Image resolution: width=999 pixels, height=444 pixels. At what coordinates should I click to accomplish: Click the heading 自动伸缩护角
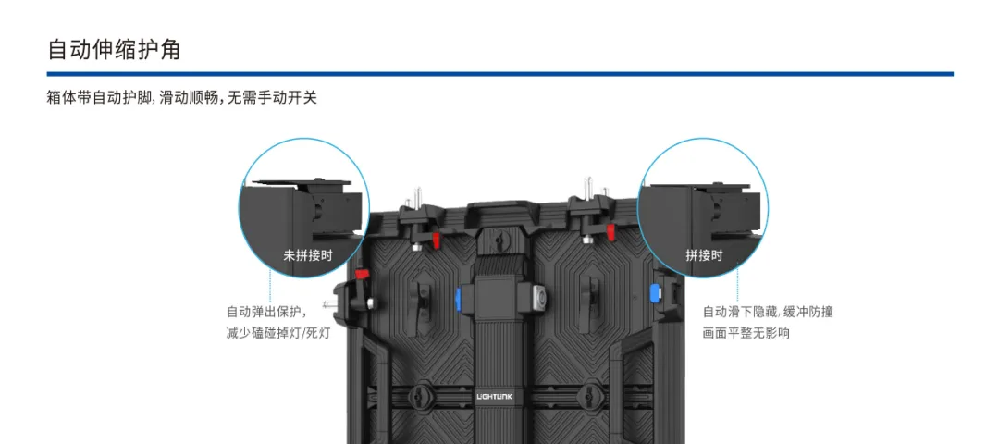pyautogui.click(x=114, y=49)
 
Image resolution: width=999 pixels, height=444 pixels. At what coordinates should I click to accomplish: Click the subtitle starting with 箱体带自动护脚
pyautogui.click(x=181, y=97)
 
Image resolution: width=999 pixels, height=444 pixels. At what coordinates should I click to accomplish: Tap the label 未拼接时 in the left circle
pyautogui.click(x=307, y=254)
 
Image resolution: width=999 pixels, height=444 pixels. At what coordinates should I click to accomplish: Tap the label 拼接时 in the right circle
pyautogui.click(x=704, y=254)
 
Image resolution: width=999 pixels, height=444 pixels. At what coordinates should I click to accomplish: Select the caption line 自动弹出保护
pyautogui.click(x=266, y=312)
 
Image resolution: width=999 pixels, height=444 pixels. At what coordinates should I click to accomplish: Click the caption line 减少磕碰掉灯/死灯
pyautogui.click(x=277, y=332)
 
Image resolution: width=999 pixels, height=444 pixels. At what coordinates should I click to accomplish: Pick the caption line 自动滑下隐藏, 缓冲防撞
pyautogui.click(x=767, y=312)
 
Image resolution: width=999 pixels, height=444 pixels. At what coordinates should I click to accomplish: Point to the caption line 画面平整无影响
pyautogui.click(x=746, y=332)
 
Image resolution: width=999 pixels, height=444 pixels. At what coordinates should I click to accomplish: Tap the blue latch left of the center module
pyautogui.click(x=459, y=298)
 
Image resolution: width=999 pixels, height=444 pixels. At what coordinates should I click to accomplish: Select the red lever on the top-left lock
pyautogui.click(x=434, y=240)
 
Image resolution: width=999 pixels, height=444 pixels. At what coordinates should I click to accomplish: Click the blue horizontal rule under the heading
pyautogui.click(x=499, y=74)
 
